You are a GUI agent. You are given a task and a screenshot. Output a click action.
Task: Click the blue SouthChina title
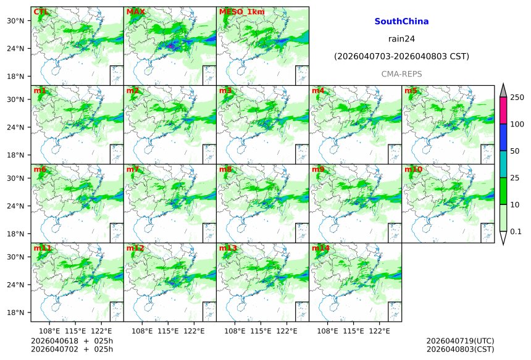(x=401, y=21)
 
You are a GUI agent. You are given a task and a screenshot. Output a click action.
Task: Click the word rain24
(x=401, y=38)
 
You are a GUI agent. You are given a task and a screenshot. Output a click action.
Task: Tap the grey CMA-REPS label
(x=401, y=73)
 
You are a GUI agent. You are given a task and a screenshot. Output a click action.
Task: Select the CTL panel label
(x=41, y=12)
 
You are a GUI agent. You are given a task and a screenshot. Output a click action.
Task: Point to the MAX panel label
(x=135, y=12)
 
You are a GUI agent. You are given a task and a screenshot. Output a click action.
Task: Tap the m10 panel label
(x=414, y=169)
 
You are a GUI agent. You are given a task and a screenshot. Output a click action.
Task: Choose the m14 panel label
(x=320, y=248)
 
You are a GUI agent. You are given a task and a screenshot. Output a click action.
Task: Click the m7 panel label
(x=133, y=169)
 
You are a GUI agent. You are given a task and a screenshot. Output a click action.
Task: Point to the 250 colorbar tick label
(x=517, y=98)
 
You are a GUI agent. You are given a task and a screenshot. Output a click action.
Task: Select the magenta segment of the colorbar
(x=503, y=110)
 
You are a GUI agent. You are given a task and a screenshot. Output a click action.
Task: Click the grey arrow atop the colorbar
(x=503, y=90)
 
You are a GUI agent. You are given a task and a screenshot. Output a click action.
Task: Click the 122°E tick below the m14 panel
(x=379, y=331)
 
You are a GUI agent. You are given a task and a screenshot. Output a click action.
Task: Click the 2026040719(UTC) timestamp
(x=460, y=341)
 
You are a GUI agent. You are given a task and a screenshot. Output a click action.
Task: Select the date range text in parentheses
(x=401, y=56)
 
